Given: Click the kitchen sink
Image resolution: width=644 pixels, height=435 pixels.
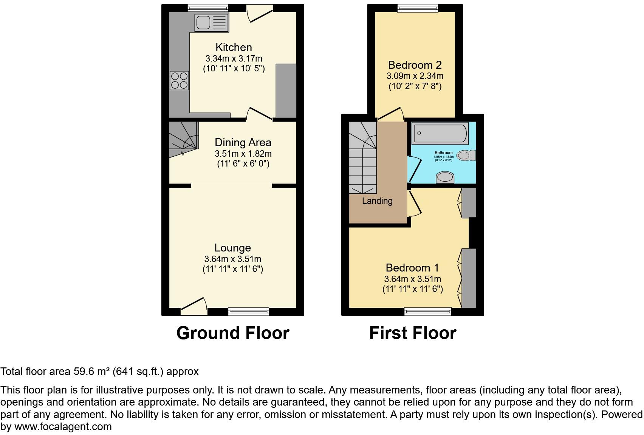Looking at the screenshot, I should pyautogui.click(x=211, y=22).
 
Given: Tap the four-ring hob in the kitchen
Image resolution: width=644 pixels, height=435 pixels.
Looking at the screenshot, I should pyautogui.click(x=180, y=80).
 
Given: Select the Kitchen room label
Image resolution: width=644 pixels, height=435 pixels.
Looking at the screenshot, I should pyautogui.click(x=234, y=47).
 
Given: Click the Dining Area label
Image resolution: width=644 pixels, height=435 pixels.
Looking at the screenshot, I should pyautogui.click(x=243, y=142).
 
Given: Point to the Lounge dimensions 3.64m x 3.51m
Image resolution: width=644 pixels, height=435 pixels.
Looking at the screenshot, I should pyautogui.click(x=233, y=259).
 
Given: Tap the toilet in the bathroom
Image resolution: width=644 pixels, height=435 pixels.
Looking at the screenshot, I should pyautogui.click(x=466, y=155).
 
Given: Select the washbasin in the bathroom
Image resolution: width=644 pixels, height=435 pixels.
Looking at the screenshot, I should pyautogui.click(x=445, y=177).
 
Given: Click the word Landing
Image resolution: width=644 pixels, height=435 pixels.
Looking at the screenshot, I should pyautogui.click(x=377, y=201).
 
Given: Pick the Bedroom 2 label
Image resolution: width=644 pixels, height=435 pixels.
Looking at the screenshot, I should pyautogui.click(x=415, y=65).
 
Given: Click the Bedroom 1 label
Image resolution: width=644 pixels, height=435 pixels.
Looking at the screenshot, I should pyautogui.click(x=412, y=268).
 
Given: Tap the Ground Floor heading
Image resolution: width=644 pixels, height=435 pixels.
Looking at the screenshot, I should pyautogui.click(x=233, y=333).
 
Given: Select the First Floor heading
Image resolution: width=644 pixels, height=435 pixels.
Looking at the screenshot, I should pyautogui.click(x=413, y=333).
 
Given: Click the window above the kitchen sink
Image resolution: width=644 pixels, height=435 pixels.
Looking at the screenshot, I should pyautogui.click(x=208, y=8).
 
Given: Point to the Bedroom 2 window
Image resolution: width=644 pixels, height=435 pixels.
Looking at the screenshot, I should pyautogui.click(x=418, y=8).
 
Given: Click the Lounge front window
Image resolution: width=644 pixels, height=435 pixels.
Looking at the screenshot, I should pyautogui.click(x=248, y=312).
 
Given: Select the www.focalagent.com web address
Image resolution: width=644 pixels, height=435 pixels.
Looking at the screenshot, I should pyautogui.click(x=63, y=427).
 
